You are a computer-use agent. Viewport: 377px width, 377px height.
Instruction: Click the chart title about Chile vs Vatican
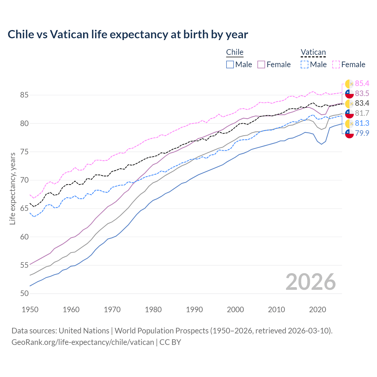[x=128, y=34]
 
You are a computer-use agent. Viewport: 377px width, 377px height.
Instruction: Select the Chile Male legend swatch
[x=230, y=65]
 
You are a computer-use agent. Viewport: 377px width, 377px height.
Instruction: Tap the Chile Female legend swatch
[x=261, y=65]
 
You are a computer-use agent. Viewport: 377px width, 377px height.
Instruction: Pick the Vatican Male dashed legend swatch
[x=305, y=65]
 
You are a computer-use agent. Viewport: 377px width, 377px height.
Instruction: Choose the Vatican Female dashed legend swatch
[x=336, y=65]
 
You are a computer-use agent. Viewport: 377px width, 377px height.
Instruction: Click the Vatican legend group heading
[x=313, y=52]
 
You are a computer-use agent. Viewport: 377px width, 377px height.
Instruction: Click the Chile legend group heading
[x=235, y=52]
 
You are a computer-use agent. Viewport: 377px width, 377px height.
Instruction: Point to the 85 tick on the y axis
[x=24, y=95]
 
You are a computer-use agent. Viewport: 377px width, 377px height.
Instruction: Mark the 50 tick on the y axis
[x=24, y=294]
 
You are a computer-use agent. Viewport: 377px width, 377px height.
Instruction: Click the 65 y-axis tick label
[x=24, y=209]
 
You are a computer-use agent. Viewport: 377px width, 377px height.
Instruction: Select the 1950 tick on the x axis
[x=30, y=310]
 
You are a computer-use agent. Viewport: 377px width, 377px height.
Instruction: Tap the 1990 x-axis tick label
[x=194, y=310]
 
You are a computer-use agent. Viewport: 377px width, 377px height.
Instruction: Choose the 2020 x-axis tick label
[x=318, y=310]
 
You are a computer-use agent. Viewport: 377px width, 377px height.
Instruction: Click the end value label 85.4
[x=362, y=84]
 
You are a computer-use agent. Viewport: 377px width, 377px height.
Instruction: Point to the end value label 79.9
[x=362, y=133]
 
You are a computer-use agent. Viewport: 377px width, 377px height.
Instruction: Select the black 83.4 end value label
[x=362, y=103]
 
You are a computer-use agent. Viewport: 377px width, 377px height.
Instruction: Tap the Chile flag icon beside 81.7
[x=349, y=113]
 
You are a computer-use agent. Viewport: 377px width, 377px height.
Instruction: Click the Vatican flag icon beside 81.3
[x=349, y=123]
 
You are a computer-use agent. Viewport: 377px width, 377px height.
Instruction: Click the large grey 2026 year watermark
[x=311, y=282]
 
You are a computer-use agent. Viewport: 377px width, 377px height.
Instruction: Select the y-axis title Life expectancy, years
[x=12, y=188]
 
